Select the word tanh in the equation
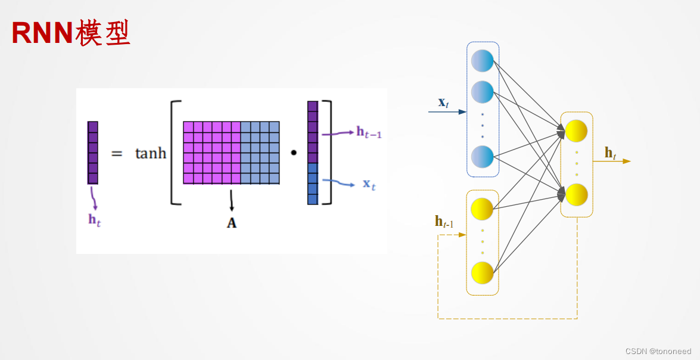pos(150,153)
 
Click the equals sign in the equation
pos(117,154)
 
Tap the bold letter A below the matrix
pos(231,224)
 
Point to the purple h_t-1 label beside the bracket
pos(369,132)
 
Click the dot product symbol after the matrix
pos(293,153)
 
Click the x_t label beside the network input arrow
pos(443,102)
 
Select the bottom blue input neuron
pos(482,157)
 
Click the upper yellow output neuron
pos(576,131)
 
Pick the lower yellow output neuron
pos(576,195)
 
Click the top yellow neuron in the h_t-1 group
pos(482,209)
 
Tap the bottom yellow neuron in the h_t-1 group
pos(482,272)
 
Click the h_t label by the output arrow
pos(610,153)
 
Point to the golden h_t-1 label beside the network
pos(444,222)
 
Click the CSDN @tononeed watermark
pos(658,352)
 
